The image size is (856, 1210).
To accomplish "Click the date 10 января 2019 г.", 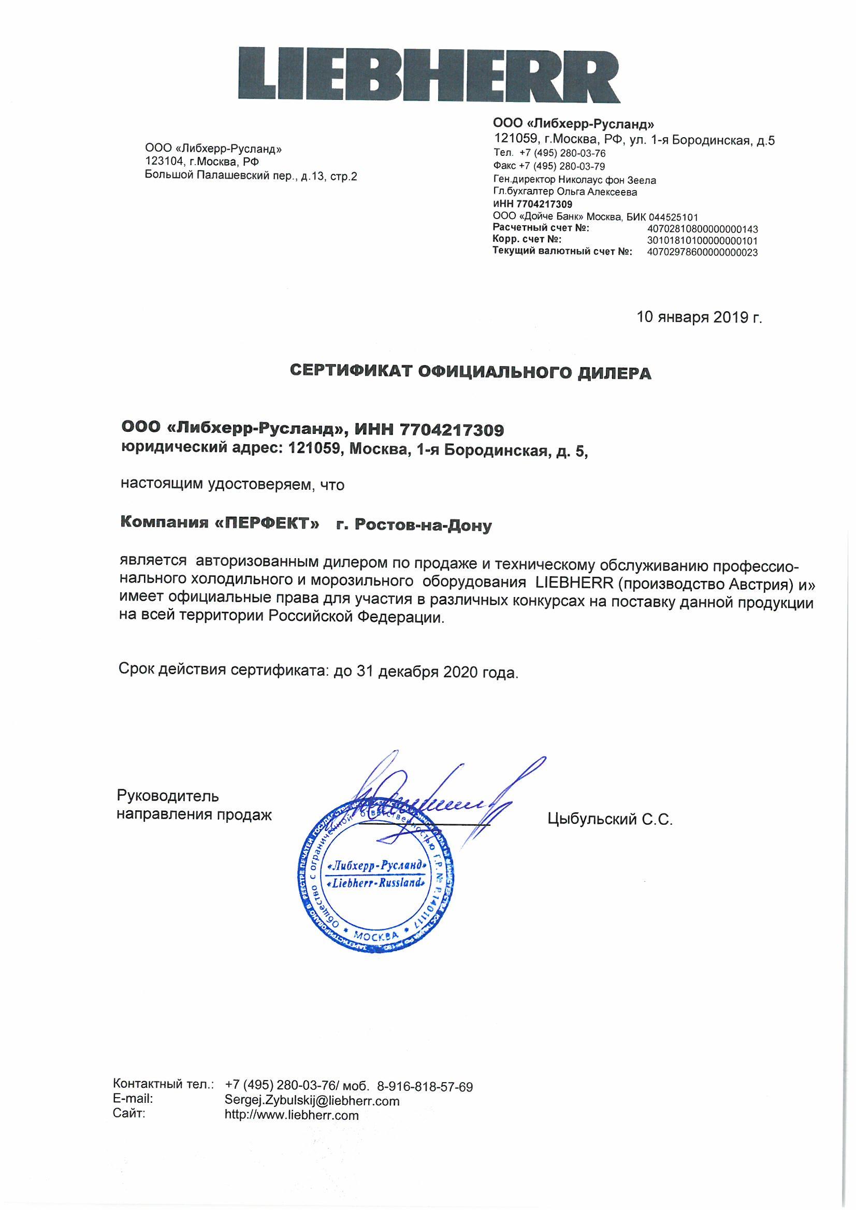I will tap(700, 317).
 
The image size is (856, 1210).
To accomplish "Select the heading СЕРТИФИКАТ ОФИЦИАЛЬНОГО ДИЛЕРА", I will tap(471, 373).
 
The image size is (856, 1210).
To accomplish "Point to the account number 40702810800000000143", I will tap(702, 229).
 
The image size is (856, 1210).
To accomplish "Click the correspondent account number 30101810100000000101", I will tap(702, 241).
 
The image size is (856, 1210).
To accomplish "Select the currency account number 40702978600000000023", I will tap(702, 253).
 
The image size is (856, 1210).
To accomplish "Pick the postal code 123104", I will tap(162, 162).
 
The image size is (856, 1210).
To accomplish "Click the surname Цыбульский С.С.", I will tap(611, 820).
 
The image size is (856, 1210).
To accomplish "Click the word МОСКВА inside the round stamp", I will tap(376, 936).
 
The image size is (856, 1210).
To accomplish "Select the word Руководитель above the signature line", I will tap(168, 796).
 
